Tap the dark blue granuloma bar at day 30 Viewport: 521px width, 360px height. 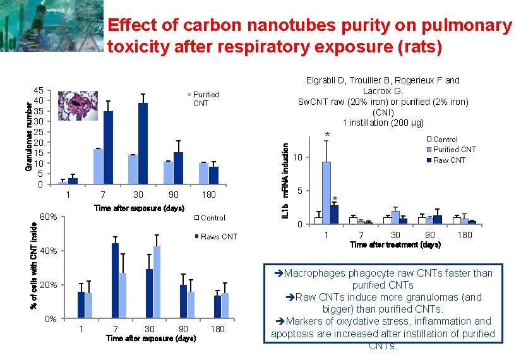pos(143,143)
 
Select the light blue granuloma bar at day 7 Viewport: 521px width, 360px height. pos(98,166)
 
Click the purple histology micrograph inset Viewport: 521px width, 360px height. pos(78,105)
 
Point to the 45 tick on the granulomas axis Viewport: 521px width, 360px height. pos(39,90)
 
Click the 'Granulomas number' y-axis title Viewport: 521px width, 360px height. pos(28,137)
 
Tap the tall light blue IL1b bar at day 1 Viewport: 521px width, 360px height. pos(326,193)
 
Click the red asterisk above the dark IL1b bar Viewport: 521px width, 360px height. pos(335,198)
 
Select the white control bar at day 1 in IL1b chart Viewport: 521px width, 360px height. pos(318,220)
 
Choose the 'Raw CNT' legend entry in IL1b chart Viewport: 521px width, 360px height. pos(446,160)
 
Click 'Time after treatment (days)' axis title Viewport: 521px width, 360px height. pos(395,245)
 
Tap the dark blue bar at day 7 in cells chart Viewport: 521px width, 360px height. pos(116,281)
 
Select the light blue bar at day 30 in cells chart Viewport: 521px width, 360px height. pos(157,282)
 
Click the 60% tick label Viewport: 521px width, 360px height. pos(49,217)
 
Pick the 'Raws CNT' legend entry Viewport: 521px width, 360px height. pos(216,237)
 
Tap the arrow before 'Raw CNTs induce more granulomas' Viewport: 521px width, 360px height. pos(290,297)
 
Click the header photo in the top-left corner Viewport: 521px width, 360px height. pos(52,26)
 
